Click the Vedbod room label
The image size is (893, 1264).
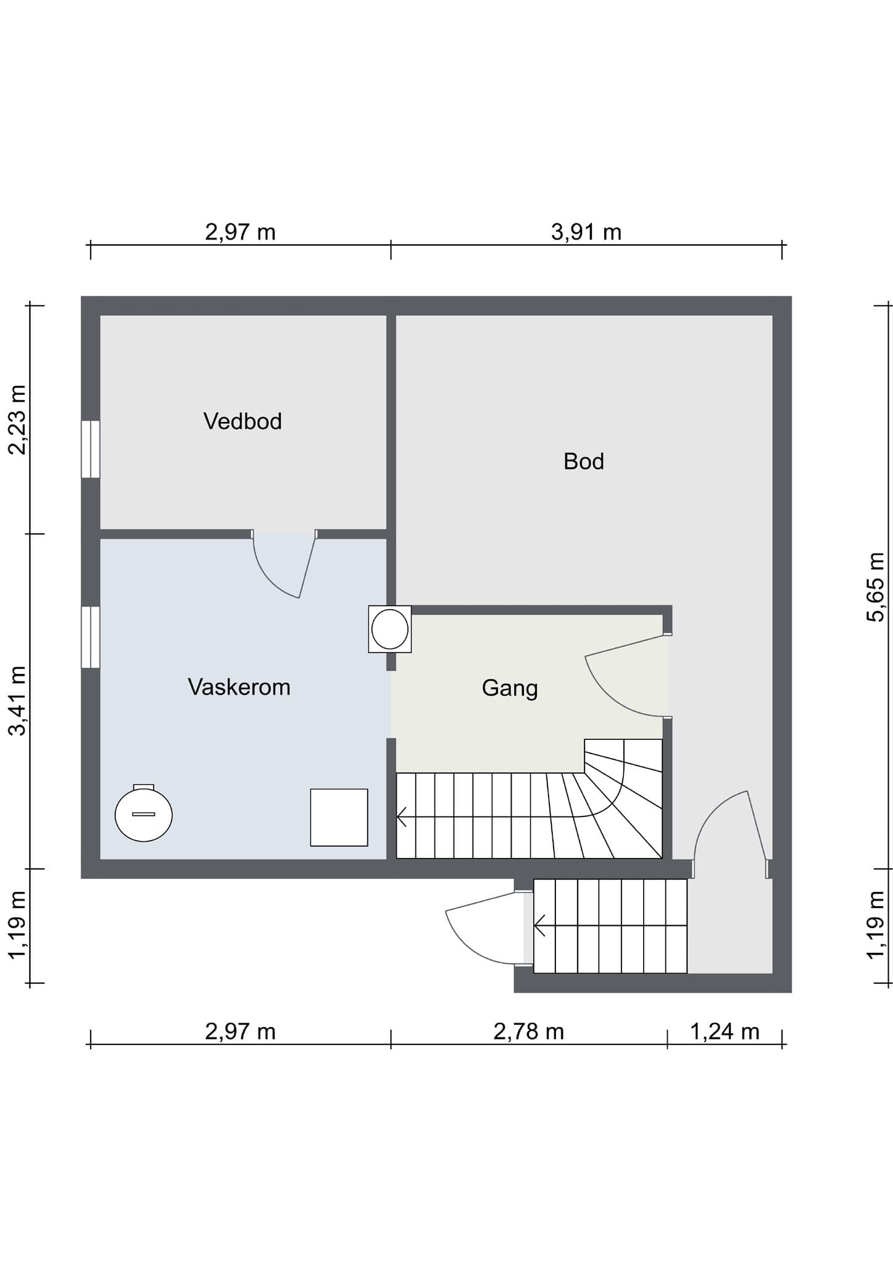[243, 422]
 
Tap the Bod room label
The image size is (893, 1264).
[583, 462]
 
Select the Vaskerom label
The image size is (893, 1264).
[239, 687]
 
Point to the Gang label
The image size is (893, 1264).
[510, 689]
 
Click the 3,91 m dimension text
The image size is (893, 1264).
[586, 233]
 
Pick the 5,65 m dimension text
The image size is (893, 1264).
[876, 587]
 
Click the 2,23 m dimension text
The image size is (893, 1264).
[17, 420]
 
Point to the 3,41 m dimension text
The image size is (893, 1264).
[17, 701]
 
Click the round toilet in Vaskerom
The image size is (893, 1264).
[144, 813]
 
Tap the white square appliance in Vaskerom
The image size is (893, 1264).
[339, 817]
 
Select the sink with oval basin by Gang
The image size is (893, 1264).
[390, 629]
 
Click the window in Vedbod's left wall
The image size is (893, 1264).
[90, 449]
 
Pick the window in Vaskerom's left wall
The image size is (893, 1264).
[90, 637]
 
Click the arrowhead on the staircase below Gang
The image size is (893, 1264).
[402, 817]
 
